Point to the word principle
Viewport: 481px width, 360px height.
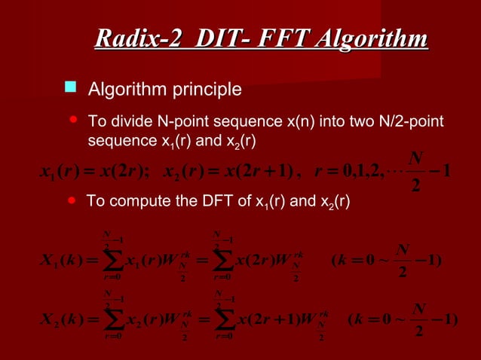[x=204, y=90]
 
